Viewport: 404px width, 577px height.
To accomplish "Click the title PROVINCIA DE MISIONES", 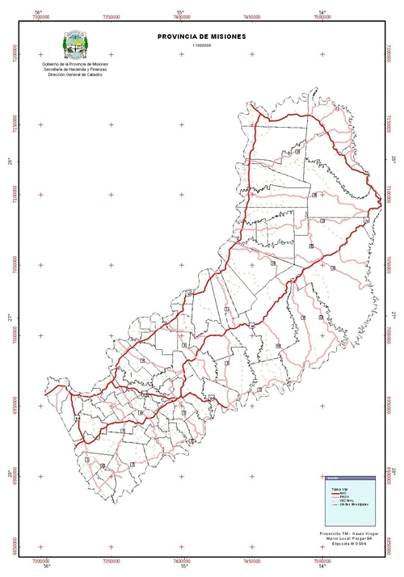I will pos(202,37).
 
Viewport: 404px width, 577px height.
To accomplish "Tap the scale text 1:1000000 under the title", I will pos(202,47).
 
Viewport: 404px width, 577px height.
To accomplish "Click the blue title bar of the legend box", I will pos(350,478).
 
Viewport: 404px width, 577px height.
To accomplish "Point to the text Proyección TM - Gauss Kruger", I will pos(349,533).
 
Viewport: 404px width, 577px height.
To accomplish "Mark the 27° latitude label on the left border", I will pos(11,316).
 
